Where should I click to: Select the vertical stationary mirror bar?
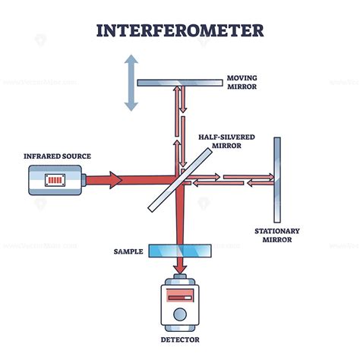[277, 179]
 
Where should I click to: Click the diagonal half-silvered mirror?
[180, 180]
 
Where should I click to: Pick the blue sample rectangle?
[180, 250]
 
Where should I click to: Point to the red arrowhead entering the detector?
[180, 269]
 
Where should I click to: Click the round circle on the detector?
[179, 314]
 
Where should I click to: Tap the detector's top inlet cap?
[180, 279]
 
